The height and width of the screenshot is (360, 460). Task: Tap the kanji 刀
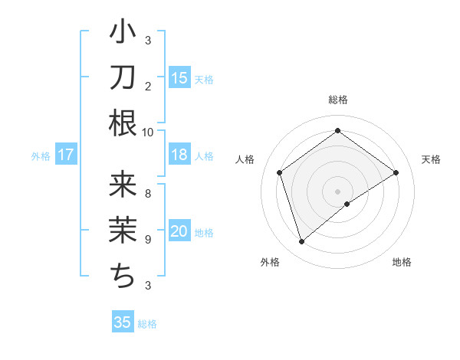(x=123, y=77)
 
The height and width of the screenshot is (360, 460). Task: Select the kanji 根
(x=123, y=123)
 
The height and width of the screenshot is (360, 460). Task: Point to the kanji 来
(x=123, y=186)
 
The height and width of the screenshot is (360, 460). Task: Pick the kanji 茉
(x=123, y=231)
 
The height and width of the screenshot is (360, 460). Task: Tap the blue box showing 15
(x=179, y=77)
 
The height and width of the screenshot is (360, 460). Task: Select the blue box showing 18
(x=179, y=155)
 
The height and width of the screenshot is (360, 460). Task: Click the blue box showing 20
(x=179, y=231)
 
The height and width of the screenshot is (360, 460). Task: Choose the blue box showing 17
(x=66, y=155)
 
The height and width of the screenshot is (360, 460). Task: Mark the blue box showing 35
(x=123, y=322)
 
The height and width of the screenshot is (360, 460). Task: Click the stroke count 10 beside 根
(x=148, y=132)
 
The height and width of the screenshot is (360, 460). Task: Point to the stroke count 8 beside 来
(x=148, y=193)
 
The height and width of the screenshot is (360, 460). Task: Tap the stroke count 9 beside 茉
(x=148, y=239)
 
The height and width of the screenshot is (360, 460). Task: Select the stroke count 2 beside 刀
(x=148, y=86)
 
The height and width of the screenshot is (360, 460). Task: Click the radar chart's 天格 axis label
(x=431, y=159)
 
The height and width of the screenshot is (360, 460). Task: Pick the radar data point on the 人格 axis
(x=280, y=172)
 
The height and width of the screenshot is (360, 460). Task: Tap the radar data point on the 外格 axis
(x=302, y=242)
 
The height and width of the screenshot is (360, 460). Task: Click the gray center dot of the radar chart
(x=337, y=190)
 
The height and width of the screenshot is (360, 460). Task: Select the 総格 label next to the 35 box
(x=148, y=324)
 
